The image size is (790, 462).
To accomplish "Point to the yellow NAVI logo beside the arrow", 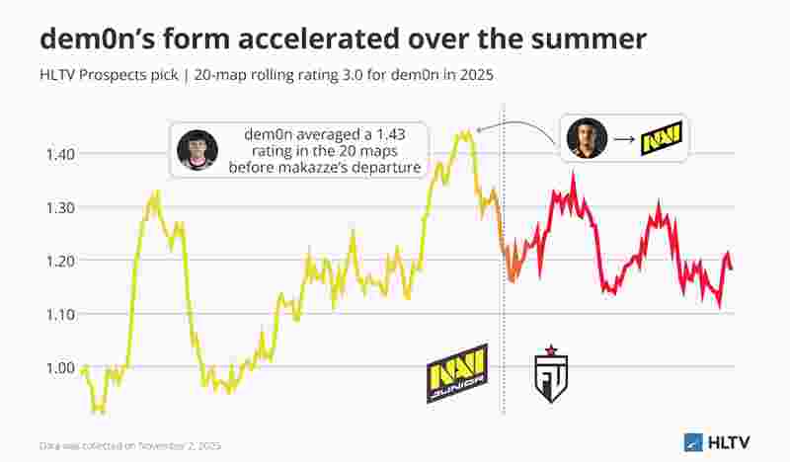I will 662,139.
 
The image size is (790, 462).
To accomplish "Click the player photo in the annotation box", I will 197,150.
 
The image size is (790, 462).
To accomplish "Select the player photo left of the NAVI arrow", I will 586,138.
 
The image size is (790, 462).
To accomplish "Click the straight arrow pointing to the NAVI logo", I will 624,139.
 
